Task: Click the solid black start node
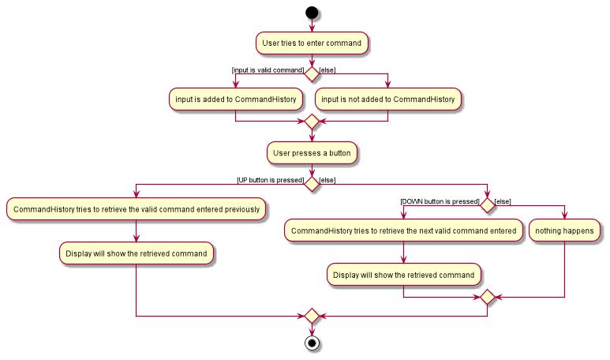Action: (312, 13)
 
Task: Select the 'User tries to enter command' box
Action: (312, 42)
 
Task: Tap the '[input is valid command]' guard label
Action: (268, 70)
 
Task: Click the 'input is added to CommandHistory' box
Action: (236, 99)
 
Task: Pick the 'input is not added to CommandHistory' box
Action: (388, 99)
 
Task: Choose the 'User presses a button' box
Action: (312, 152)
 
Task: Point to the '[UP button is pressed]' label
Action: (270, 180)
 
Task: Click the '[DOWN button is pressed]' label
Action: (440, 201)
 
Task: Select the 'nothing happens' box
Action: (564, 231)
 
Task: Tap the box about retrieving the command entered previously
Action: (136, 209)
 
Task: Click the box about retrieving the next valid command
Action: (403, 231)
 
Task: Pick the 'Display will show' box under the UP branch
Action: (136, 253)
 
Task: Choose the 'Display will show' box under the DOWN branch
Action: (403, 275)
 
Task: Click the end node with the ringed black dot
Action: (312, 343)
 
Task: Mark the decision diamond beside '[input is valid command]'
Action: (312, 73)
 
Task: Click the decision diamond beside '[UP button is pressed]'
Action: (312, 184)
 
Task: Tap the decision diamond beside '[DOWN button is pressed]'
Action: (487, 205)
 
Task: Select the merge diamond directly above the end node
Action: (312, 316)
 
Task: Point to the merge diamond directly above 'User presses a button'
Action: (312, 122)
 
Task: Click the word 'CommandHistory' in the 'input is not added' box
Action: (424, 99)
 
